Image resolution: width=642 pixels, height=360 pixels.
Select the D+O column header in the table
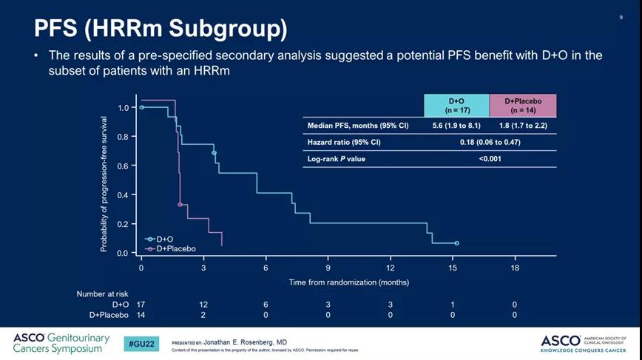(456, 105)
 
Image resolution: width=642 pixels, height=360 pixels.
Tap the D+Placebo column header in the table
(522, 105)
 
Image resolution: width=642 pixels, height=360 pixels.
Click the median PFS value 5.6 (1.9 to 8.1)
(456, 126)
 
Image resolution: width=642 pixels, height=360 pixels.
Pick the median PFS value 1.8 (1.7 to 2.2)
(522, 126)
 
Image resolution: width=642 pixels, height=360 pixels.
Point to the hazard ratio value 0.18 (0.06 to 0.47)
(490, 142)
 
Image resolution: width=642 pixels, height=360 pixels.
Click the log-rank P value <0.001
(490, 158)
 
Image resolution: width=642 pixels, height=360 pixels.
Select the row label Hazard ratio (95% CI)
(345, 142)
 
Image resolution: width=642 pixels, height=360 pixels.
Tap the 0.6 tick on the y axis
(124, 166)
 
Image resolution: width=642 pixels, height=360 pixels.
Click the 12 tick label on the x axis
(391, 268)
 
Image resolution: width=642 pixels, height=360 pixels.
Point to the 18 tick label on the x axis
(516, 268)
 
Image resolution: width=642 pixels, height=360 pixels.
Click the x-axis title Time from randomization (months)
(348, 282)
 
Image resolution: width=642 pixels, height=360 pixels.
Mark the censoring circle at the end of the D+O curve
(456, 243)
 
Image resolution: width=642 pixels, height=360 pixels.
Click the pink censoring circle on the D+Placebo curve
(180, 205)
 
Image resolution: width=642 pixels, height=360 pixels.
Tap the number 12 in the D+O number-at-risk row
(203, 305)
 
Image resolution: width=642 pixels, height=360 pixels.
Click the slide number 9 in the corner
(621, 17)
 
